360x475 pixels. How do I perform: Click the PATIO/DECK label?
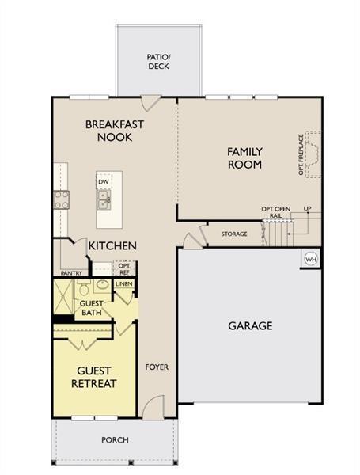point(159,62)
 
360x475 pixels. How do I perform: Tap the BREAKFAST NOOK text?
point(115,131)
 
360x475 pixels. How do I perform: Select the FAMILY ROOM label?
point(244,158)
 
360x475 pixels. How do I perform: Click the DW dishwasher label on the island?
point(104,182)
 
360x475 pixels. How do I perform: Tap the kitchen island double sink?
point(104,199)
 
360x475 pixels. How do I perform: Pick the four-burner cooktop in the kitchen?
point(61,199)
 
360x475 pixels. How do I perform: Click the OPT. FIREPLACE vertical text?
point(301,154)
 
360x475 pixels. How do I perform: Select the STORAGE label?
point(234,234)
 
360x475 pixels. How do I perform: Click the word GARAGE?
point(250,325)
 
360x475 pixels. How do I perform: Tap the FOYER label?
point(157,367)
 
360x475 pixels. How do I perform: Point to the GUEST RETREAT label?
point(94,377)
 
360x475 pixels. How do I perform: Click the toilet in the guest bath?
point(83,287)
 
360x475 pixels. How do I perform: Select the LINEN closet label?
point(124,284)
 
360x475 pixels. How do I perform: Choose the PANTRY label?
point(71,273)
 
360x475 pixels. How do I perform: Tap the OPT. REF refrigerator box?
point(124,268)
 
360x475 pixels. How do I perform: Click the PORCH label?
point(115,440)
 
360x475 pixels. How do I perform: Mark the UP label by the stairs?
point(307,209)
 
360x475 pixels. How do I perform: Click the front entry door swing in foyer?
point(153,407)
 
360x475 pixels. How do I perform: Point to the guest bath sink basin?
point(103,284)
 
